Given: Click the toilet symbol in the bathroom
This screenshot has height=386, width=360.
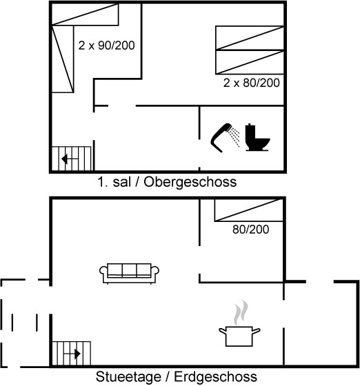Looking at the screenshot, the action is [x=257, y=137].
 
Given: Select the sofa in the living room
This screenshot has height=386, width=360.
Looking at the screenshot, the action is [x=129, y=274].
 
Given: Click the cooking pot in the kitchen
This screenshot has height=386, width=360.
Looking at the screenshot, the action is [x=239, y=336].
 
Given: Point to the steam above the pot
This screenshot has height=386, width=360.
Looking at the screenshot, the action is [x=241, y=312].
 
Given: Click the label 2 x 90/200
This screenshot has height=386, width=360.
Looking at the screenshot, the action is [x=106, y=45].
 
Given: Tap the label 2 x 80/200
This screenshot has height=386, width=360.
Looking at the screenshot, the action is [x=252, y=83].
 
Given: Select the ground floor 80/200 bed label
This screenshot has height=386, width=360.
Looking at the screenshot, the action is [x=250, y=230].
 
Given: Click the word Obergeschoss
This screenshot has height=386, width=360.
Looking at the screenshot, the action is [x=190, y=183].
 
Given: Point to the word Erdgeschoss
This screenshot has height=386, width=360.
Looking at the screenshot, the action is [x=216, y=377].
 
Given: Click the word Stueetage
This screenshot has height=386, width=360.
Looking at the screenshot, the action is [x=129, y=377].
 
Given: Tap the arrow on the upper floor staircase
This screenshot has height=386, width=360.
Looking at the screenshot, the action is [x=70, y=159].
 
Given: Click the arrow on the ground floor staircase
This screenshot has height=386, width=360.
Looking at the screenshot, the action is [x=72, y=354].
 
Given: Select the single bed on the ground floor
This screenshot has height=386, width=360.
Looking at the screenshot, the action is [x=248, y=210].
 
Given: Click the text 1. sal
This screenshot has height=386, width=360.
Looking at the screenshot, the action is [x=114, y=183].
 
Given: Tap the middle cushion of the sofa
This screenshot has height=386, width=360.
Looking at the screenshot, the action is [x=129, y=270].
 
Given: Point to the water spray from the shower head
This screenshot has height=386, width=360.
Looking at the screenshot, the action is [x=234, y=136].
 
